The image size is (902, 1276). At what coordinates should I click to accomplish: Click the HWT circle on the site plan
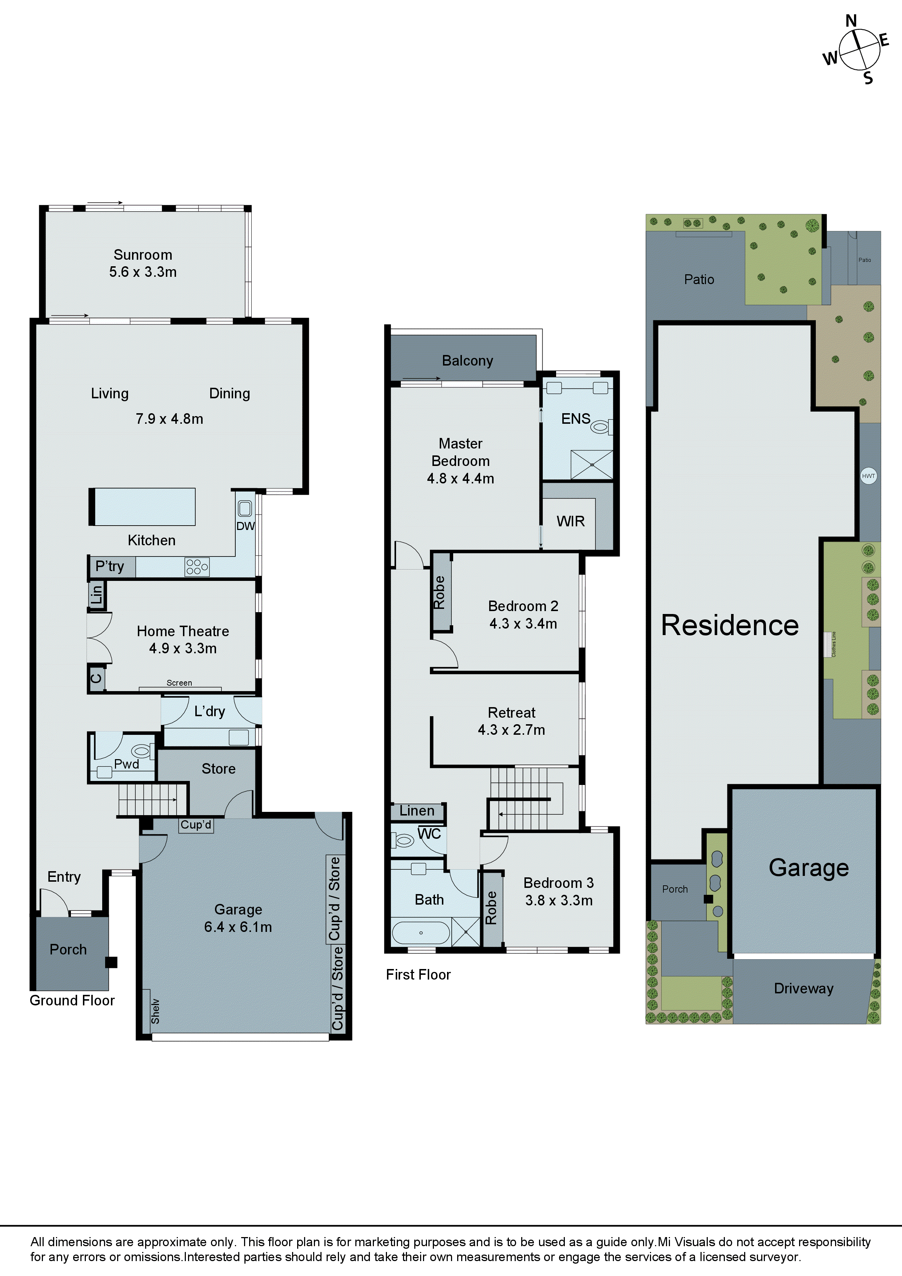868,476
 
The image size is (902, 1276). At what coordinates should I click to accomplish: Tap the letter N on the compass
851,21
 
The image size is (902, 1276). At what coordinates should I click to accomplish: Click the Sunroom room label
143,255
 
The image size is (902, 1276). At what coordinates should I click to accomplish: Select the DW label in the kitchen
246,526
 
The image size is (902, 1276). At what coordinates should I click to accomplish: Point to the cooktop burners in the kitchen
197,566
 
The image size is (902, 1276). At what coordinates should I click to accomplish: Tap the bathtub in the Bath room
421,933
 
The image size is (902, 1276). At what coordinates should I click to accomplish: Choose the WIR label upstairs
571,521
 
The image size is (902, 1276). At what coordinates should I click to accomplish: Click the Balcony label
467,361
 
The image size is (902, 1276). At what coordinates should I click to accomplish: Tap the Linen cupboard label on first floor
417,811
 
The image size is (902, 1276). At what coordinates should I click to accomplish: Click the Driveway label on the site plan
804,988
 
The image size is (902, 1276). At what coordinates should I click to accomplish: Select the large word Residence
730,625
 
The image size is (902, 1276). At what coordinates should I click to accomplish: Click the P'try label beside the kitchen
109,566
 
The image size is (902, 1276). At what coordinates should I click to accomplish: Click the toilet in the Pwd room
142,751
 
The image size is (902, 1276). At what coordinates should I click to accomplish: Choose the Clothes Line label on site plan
834,644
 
